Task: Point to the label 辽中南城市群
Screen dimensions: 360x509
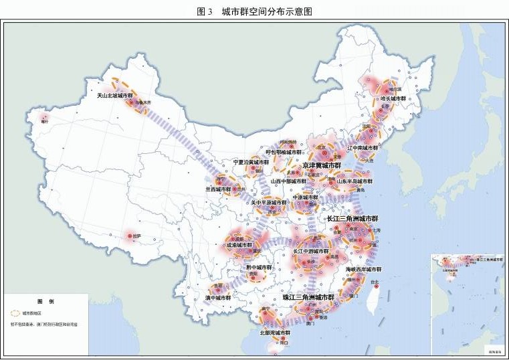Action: click(363, 147)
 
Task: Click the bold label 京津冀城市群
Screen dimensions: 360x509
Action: click(322, 165)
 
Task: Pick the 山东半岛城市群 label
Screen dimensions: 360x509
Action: click(354, 181)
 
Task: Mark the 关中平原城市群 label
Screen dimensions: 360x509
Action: click(268, 202)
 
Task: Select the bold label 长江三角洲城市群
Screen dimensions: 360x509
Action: click(352, 219)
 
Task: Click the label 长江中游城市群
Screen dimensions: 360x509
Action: click(311, 252)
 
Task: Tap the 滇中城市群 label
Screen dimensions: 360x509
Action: click(217, 298)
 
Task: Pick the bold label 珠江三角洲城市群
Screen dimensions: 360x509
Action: click(308, 296)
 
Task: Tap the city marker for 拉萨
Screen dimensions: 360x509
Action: click(130, 236)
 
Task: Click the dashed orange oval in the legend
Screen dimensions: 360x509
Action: click(13, 312)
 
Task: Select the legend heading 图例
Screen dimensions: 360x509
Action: click(45, 300)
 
